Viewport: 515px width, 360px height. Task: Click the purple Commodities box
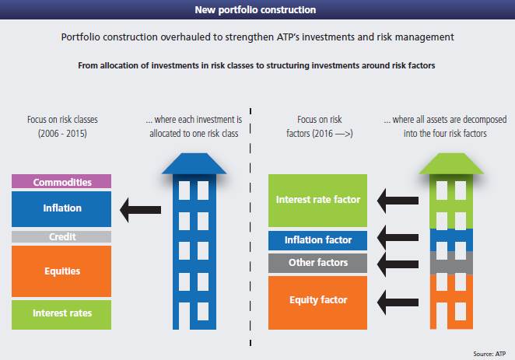tap(61, 182)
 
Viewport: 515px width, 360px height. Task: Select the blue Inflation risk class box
tap(61, 208)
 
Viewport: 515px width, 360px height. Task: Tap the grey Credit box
tap(61, 236)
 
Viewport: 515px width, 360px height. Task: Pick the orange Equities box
tap(61, 271)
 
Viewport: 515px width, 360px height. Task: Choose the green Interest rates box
tap(61, 313)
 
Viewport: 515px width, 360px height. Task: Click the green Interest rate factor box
tap(317, 200)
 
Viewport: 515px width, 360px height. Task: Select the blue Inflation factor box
tap(317, 240)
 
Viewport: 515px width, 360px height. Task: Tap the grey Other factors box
tap(317, 263)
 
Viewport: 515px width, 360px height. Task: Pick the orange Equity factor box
tap(317, 299)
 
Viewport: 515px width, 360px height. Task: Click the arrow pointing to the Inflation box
tap(141, 208)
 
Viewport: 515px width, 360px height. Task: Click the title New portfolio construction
tap(257, 11)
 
